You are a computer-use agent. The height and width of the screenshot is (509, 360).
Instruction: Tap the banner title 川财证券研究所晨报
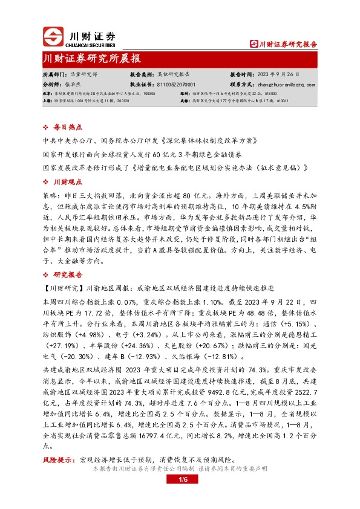click(92, 59)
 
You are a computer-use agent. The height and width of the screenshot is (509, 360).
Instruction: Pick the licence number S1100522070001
click(181, 85)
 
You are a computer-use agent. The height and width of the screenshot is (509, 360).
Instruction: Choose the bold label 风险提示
click(56, 460)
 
